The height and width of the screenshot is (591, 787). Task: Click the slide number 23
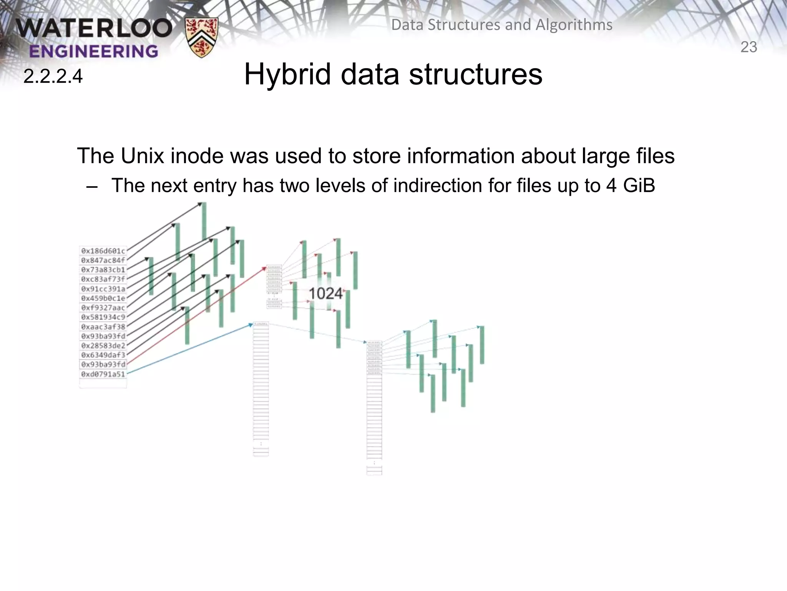pos(748,47)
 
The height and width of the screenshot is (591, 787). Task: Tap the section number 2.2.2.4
pos(53,76)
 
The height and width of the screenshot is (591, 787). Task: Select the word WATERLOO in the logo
pos(94,28)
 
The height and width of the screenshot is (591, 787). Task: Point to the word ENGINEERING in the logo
pos(93,51)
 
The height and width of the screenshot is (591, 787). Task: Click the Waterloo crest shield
pos(201,37)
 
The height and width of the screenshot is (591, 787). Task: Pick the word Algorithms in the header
pos(574,25)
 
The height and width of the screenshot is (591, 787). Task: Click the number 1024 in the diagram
pos(325,294)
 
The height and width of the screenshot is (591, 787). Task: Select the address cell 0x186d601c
pos(103,251)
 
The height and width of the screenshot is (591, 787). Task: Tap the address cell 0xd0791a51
pos(103,374)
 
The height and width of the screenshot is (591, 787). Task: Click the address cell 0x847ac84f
pos(103,260)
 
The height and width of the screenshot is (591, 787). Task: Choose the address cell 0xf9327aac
pos(103,308)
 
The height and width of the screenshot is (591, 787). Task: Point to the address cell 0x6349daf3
pos(103,355)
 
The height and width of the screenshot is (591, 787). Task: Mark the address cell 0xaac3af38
pos(103,327)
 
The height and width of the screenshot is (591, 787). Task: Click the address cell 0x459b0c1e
pos(103,298)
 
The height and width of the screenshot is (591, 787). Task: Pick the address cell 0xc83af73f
pos(103,279)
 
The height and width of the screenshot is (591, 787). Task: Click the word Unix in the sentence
pos(142,156)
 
